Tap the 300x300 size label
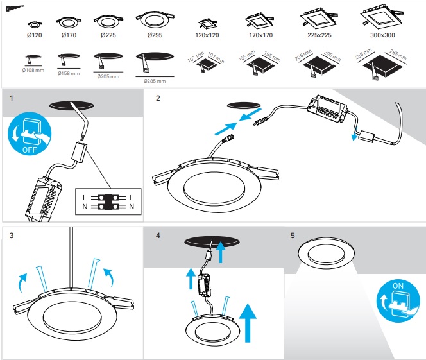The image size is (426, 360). click(382, 35)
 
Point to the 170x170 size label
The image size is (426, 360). click(259, 35)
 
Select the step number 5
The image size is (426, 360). click(293, 236)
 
